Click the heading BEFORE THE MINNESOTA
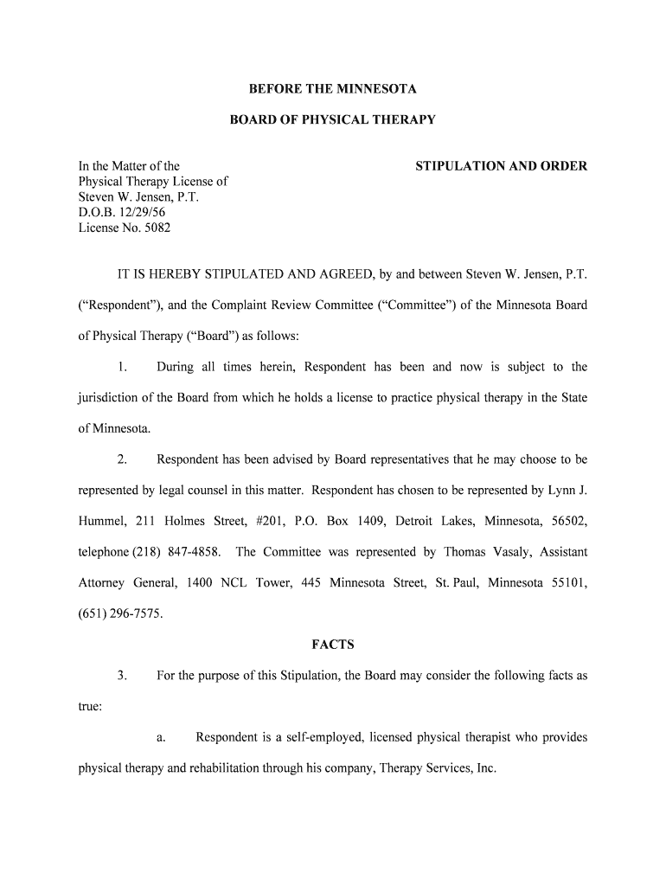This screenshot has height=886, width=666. (332, 89)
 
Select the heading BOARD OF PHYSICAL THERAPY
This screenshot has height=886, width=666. (332, 120)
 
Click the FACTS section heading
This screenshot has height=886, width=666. (332, 645)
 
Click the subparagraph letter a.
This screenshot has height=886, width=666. (161, 737)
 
